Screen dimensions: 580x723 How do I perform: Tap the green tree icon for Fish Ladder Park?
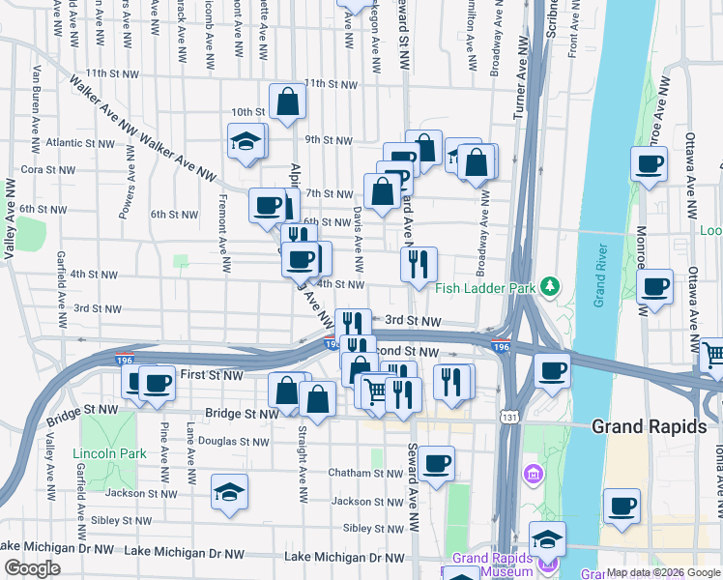tap(550, 285)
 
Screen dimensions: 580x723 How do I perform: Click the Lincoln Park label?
tap(109, 453)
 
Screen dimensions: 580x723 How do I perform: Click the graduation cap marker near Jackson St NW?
tap(229, 492)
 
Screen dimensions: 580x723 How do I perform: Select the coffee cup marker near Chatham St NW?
tap(437, 463)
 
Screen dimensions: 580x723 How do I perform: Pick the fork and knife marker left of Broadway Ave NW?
tap(419, 264)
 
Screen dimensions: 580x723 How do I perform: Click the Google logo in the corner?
tap(33, 568)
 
